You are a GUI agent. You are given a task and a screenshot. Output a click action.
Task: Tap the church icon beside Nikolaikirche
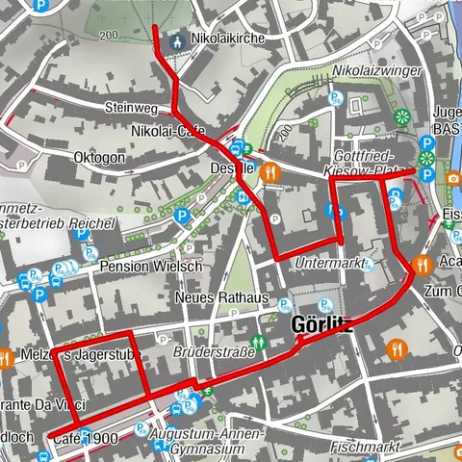pyautogui.click(x=177, y=41)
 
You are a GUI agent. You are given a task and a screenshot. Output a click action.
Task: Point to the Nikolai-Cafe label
pyautogui.click(x=161, y=131)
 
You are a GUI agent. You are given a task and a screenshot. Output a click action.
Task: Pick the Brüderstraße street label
pyautogui.click(x=213, y=353)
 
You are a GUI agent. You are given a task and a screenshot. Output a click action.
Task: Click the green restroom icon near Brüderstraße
pyautogui.click(x=257, y=342)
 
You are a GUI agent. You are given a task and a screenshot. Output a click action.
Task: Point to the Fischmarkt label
pyautogui.click(x=363, y=448)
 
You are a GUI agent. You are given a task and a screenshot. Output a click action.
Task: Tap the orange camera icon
pyautogui.click(x=452, y=177)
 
